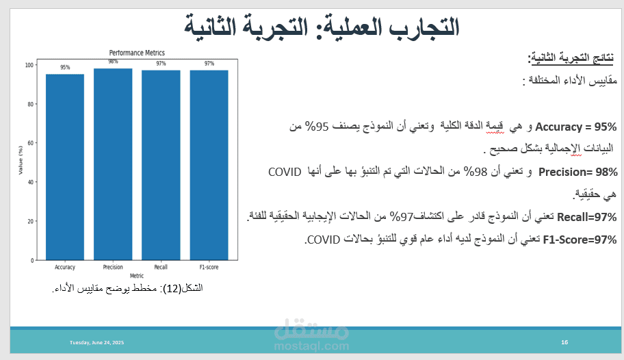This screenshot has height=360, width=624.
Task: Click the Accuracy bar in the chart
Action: point(65,167)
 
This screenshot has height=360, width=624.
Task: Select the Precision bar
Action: point(113,164)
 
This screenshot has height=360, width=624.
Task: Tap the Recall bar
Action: point(161,165)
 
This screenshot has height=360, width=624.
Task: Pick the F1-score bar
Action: point(209,165)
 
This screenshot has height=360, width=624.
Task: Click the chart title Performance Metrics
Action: point(137,53)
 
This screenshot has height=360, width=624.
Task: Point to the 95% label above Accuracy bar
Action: point(65,67)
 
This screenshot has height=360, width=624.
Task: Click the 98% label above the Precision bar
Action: point(113,62)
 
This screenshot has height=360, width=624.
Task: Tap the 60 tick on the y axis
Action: point(31,143)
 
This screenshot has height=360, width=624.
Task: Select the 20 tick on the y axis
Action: point(31,222)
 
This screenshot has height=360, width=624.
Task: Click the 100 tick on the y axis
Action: point(29,65)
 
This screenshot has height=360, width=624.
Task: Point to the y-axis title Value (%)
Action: point(21,159)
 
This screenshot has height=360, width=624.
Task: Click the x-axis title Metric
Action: point(137,276)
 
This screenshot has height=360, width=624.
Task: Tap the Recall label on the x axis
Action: point(161,267)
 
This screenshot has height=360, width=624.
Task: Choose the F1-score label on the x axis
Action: point(209,267)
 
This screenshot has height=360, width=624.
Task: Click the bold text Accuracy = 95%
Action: point(576,127)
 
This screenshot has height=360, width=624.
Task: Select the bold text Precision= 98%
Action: point(578,172)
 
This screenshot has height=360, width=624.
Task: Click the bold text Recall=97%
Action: point(586,217)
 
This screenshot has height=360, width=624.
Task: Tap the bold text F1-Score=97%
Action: point(580,240)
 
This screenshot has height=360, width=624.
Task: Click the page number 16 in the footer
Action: point(564,342)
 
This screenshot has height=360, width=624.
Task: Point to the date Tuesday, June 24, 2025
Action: point(96,342)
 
